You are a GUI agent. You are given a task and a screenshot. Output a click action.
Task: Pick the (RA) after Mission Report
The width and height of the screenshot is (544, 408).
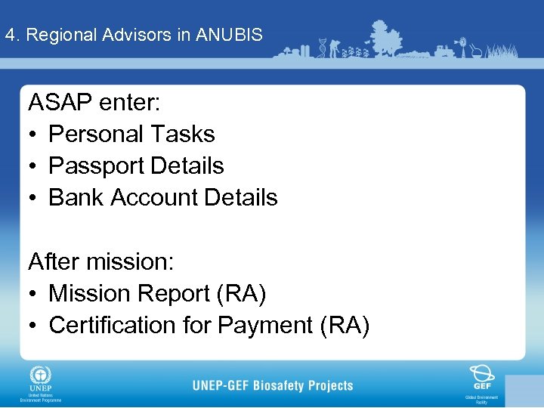point(241,293)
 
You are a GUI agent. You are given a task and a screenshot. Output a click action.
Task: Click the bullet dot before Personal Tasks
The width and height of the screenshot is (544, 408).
point(34,134)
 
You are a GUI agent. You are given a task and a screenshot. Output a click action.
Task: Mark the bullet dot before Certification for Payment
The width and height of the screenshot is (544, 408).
point(34,326)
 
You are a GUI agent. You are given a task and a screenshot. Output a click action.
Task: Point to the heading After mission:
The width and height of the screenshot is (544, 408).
point(101,261)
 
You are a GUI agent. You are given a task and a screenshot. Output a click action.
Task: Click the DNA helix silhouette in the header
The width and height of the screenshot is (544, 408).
point(323,47)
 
